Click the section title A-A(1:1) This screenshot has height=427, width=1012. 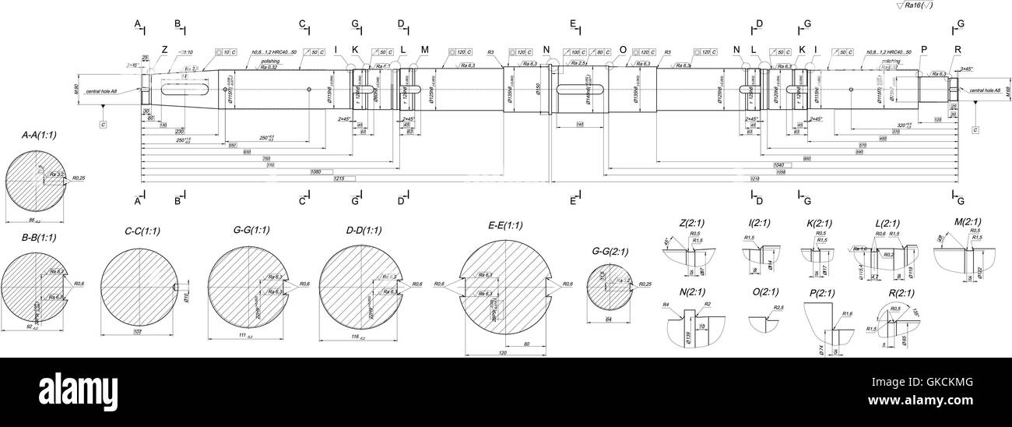(x=39, y=135)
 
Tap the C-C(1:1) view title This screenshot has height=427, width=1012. (x=142, y=231)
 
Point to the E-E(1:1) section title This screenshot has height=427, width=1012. (x=505, y=225)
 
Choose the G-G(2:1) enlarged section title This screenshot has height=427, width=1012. (x=610, y=251)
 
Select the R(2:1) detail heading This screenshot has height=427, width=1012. (x=894, y=293)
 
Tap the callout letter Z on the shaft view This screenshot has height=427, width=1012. (x=164, y=50)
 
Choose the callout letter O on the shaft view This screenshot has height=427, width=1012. (x=622, y=50)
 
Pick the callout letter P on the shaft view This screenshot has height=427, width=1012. (x=924, y=50)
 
